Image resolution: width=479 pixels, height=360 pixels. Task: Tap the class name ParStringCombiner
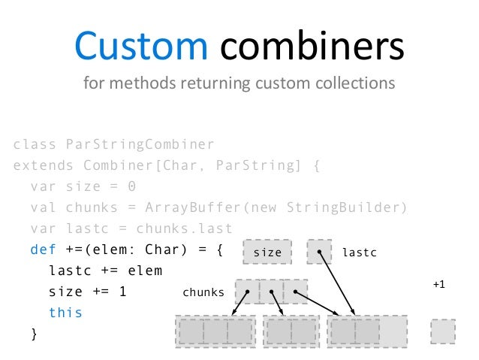[139, 144]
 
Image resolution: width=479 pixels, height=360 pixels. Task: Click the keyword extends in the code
[44, 165]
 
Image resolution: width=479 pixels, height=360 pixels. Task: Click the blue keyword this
[65, 312]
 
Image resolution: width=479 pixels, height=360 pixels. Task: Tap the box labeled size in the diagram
[267, 253]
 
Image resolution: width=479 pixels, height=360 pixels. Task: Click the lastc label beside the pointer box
[359, 253]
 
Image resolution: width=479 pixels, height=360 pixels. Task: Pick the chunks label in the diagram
[203, 292]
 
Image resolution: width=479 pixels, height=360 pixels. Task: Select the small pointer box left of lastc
[319, 252]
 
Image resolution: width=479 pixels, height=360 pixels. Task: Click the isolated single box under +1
[443, 331]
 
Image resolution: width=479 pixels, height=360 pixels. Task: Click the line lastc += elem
[105, 271]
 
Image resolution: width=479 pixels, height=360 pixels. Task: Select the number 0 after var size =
[131, 186]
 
